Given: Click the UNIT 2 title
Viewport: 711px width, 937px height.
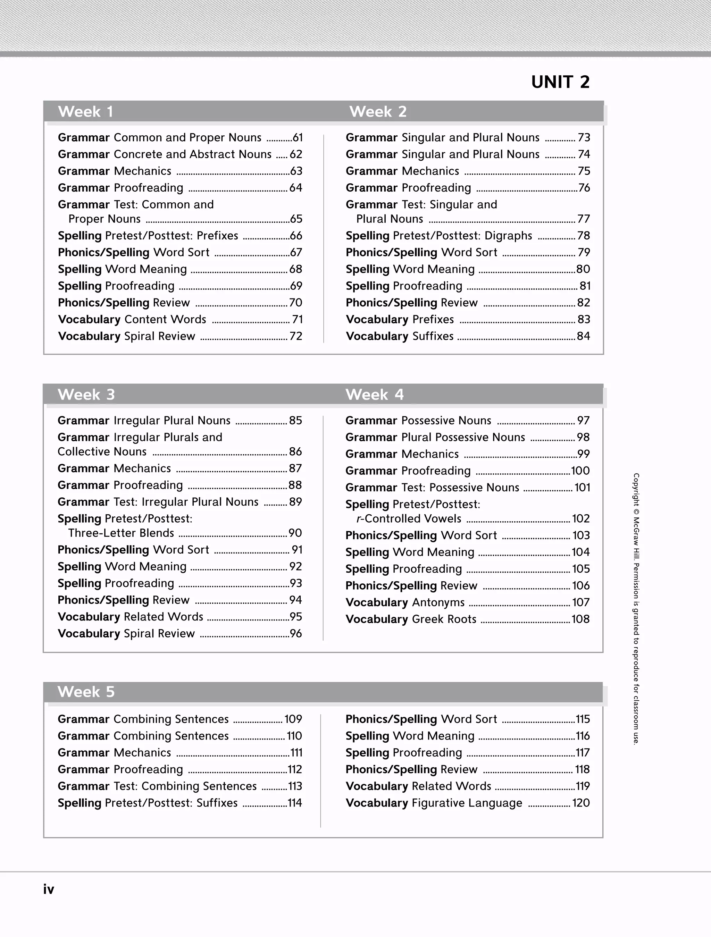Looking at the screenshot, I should [560, 82].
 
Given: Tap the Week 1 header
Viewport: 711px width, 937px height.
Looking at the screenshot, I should [85, 111].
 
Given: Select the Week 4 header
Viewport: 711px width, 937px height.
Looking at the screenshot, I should [374, 394].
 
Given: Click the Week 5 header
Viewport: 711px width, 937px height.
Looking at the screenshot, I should [86, 692].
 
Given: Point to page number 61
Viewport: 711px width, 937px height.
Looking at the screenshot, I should [298, 138].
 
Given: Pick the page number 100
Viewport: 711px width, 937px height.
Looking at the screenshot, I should [580, 471].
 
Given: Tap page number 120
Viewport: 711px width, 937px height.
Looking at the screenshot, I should [580, 803].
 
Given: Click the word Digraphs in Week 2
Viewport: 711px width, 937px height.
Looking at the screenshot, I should [508, 236].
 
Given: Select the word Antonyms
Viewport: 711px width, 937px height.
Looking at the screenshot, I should [438, 602].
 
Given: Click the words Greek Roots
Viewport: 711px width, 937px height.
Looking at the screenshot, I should [444, 619].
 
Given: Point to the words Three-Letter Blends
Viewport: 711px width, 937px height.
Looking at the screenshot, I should [121, 533].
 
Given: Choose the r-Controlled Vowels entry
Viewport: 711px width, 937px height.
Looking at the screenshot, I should [409, 519].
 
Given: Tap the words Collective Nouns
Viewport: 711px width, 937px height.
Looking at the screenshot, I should [102, 451].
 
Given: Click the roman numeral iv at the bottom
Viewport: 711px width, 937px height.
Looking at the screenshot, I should [48, 889].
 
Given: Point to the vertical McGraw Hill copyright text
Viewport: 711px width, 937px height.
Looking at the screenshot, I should [636, 608].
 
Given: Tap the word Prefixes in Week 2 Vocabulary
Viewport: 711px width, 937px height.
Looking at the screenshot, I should [433, 319].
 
